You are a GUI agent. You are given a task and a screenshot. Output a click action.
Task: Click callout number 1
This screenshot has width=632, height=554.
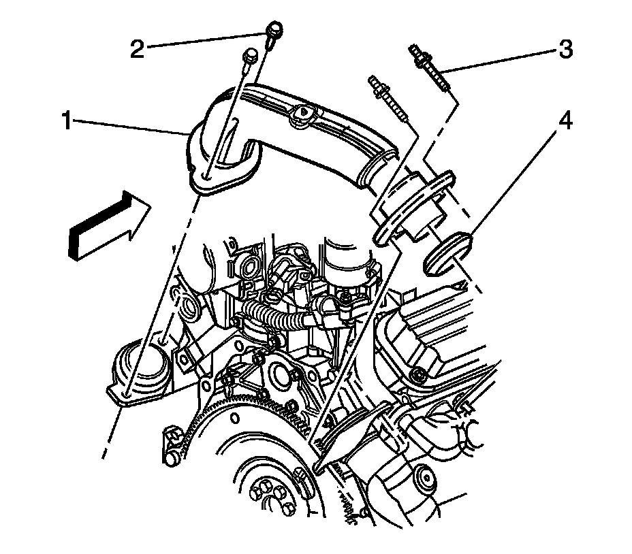coord(67,122)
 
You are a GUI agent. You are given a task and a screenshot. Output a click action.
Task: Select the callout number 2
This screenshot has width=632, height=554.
coord(138,50)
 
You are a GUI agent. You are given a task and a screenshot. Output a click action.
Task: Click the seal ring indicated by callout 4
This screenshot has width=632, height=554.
coord(447,251)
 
